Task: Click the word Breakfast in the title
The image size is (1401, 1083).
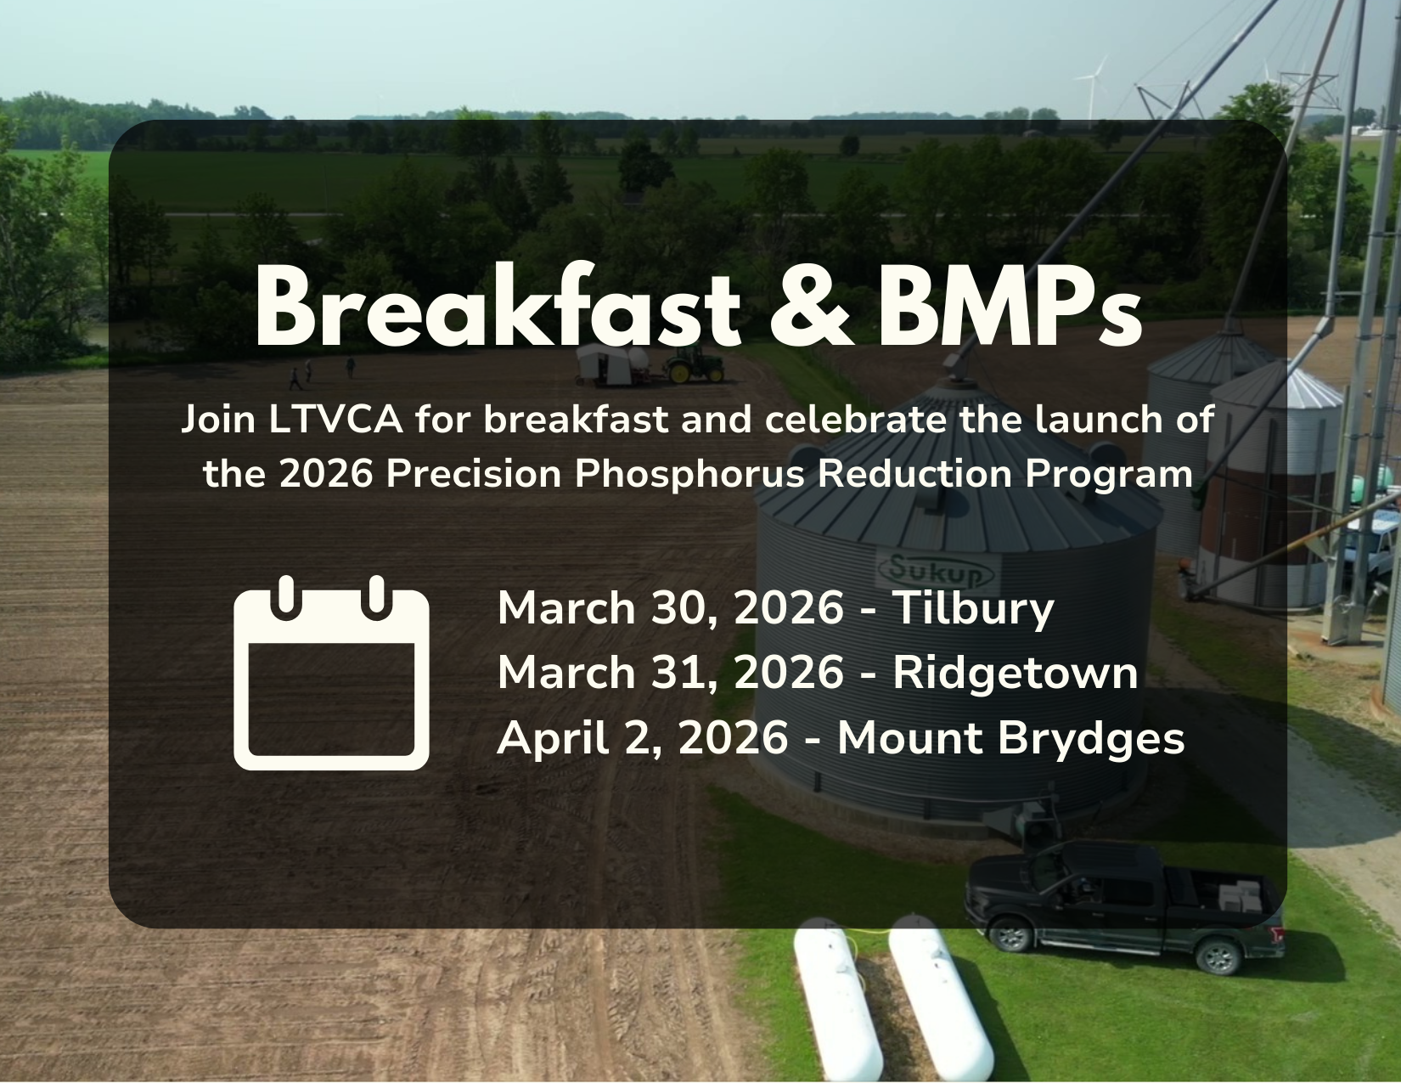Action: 498,305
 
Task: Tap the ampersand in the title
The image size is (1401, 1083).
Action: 812,307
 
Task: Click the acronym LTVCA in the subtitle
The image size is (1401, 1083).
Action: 335,420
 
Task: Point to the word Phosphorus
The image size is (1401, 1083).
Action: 689,474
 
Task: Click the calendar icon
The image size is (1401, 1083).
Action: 331,673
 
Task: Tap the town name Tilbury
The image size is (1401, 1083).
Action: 974,608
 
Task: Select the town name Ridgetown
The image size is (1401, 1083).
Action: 1016,674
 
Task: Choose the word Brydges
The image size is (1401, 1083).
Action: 1091,738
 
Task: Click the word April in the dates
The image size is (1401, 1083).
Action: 553,738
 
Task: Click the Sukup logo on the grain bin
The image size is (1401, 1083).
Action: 938,570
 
